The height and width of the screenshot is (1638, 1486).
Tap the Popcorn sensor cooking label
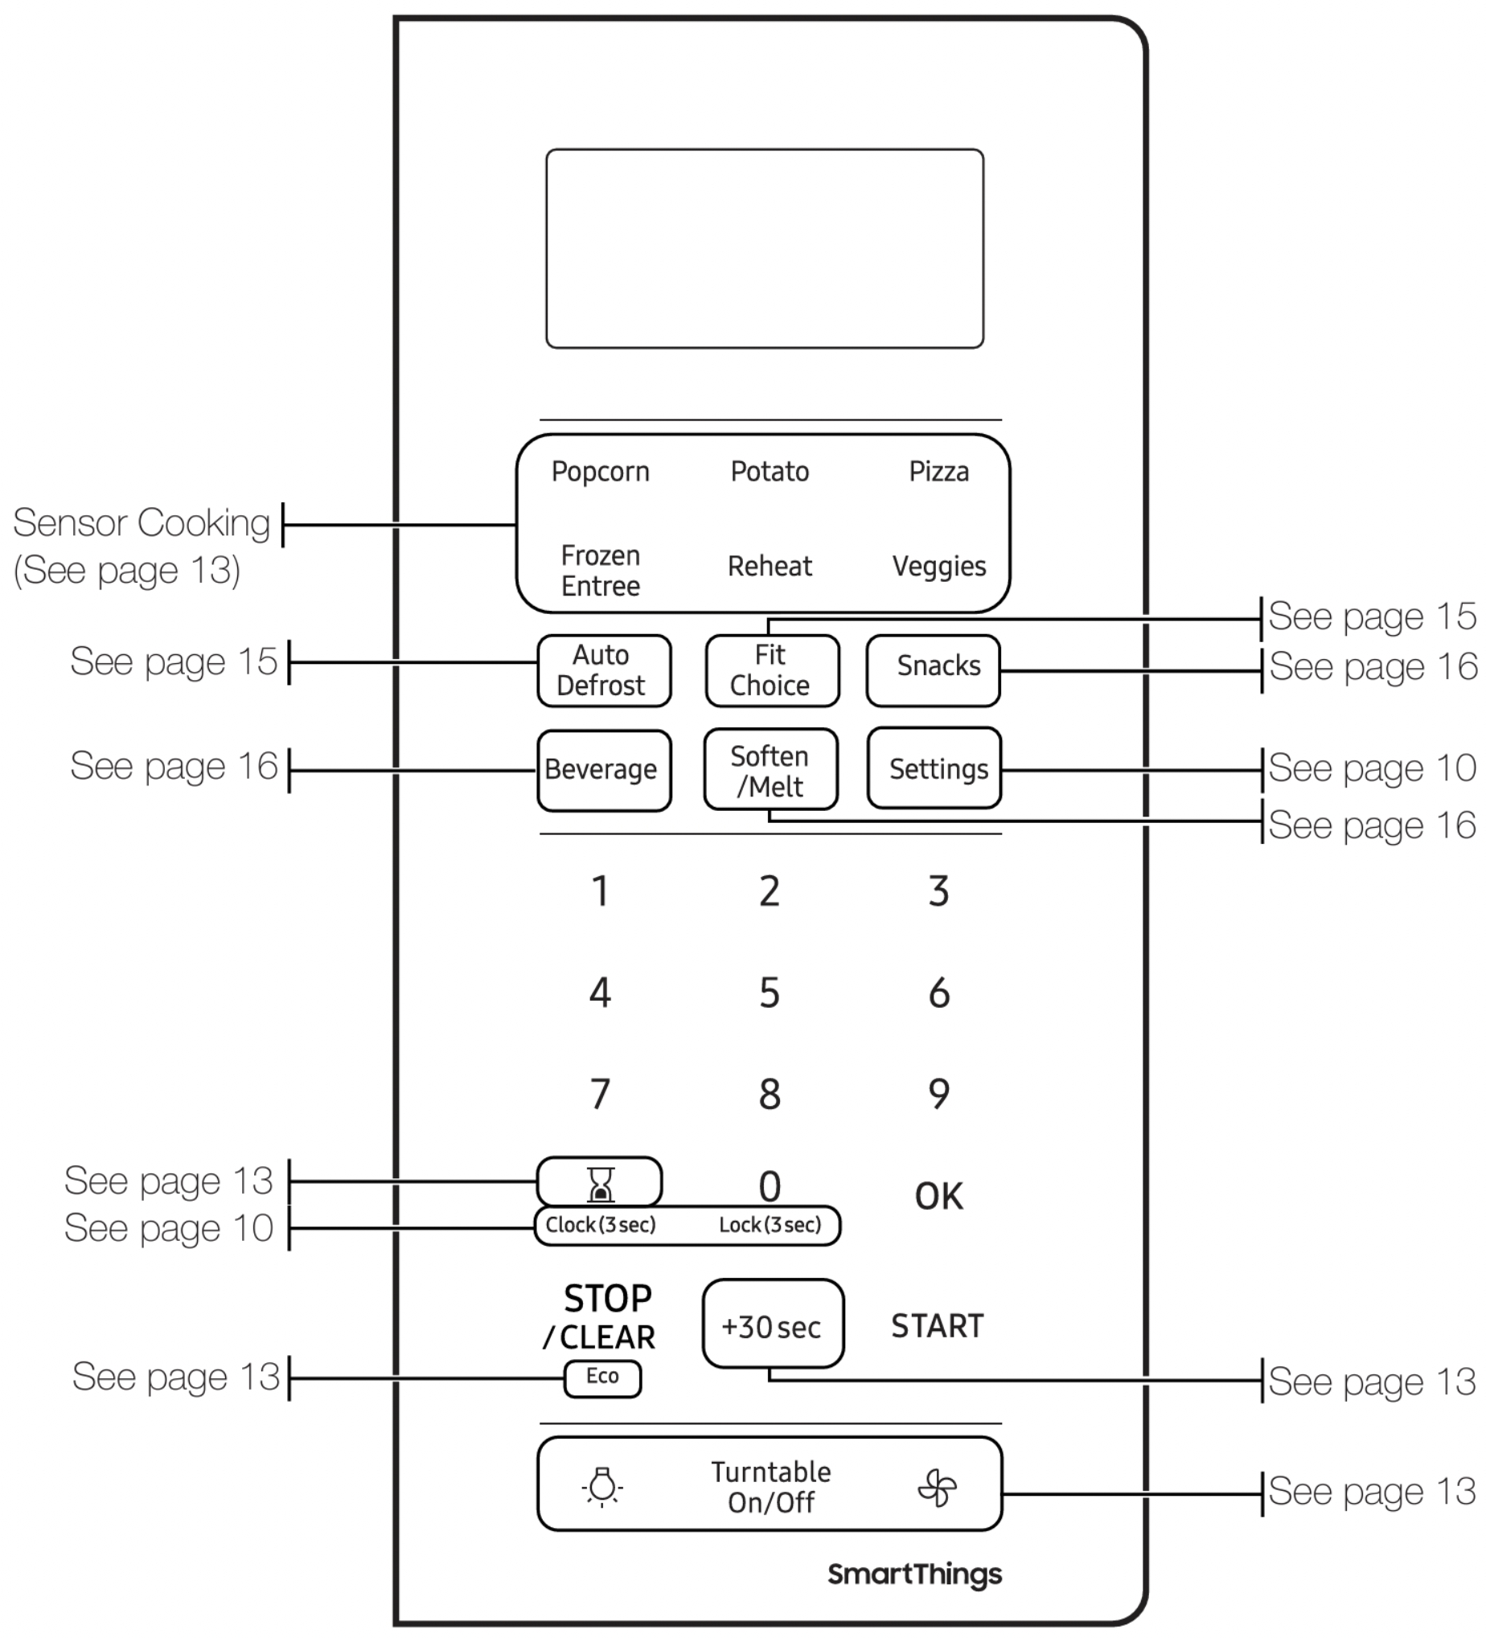600,472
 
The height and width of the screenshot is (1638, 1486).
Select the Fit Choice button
772,670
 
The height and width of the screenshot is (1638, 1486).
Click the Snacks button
934,670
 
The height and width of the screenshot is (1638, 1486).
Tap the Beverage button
604,770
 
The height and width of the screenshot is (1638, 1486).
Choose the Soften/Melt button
770,768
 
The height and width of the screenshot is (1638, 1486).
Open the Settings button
934,768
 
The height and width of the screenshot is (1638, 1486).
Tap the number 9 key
939,1094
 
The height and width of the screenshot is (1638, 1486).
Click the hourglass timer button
599,1181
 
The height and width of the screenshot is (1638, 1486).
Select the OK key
939,1196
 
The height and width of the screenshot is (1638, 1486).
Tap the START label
938,1326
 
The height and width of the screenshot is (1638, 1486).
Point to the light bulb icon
602,1487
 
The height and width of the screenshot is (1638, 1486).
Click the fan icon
938,1488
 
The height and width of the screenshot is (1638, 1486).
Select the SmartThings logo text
914,1574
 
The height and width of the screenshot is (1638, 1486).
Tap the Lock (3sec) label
770,1224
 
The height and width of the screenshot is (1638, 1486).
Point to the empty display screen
765,248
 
